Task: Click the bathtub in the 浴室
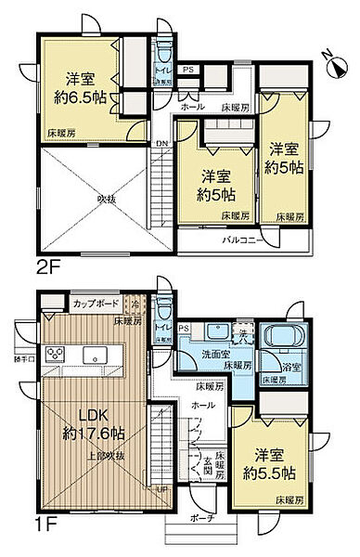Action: click(x=280, y=340)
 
